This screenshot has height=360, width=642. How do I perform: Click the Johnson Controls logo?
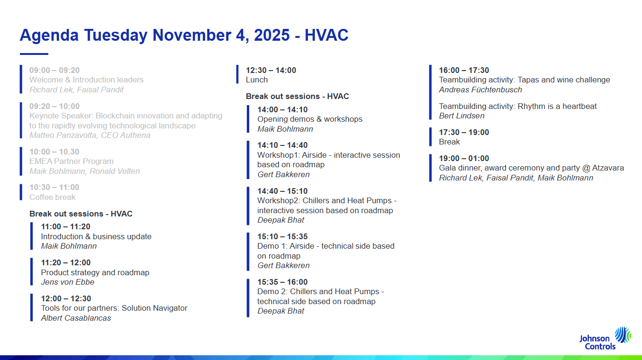(x=605, y=339)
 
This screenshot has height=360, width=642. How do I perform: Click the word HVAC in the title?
(x=326, y=35)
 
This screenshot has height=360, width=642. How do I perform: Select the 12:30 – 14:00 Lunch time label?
(x=271, y=70)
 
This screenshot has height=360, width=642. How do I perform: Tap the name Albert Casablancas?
(x=76, y=318)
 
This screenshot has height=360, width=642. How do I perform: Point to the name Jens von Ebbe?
(x=68, y=282)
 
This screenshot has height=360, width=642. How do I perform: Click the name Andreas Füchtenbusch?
(x=480, y=90)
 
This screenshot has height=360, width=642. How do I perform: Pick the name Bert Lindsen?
(x=462, y=116)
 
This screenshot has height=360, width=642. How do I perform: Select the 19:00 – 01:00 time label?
(x=464, y=158)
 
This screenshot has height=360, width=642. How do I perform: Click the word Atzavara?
(x=608, y=168)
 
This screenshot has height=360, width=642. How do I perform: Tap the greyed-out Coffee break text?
(x=53, y=197)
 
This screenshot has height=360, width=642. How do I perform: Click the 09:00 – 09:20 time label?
(x=54, y=70)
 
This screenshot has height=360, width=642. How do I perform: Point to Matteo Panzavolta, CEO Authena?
(x=90, y=135)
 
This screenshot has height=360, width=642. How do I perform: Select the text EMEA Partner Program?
(x=72, y=161)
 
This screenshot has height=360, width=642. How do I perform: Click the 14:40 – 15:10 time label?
(x=282, y=191)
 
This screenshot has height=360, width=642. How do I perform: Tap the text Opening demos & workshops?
(x=310, y=119)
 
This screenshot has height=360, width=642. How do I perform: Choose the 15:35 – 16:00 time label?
(x=282, y=282)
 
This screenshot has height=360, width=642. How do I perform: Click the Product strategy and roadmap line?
(x=95, y=272)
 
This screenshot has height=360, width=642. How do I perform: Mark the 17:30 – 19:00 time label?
(x=464, y=133)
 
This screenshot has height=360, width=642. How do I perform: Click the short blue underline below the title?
(x=34, y=54)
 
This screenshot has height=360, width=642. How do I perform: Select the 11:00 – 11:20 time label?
(x=66, y=227)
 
